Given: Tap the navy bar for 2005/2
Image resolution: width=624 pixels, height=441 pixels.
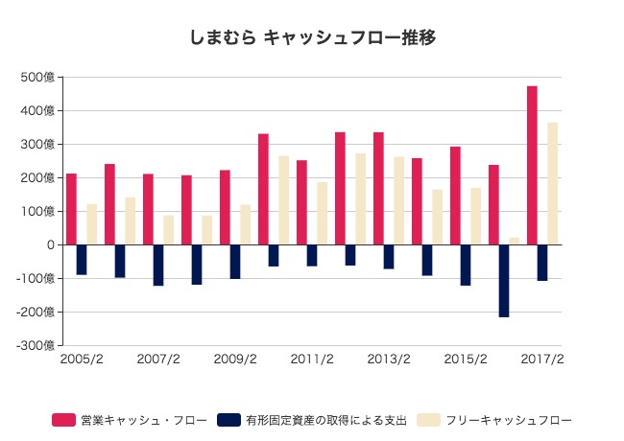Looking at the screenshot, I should click(x=82, y=260).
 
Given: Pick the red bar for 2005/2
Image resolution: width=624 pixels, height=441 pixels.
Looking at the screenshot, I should click(x=71, y=209).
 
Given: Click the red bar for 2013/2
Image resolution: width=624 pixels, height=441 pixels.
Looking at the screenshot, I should click(x=378, y=188).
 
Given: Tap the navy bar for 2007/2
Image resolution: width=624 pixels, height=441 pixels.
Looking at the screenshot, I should click(x=158, y=265).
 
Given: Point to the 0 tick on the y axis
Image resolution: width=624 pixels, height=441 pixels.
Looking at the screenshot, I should click(x=50, y=245).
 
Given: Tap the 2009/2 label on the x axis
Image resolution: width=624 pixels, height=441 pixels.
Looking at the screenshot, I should click(x=235, y=360).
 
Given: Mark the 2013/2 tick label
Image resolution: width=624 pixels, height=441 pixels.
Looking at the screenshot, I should click(x=389, y=360).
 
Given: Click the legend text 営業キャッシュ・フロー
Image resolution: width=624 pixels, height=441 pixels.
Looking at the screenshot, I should click(x=144, y=420).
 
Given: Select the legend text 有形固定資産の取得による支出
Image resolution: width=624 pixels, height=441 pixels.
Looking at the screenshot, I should click(x=326, y=420).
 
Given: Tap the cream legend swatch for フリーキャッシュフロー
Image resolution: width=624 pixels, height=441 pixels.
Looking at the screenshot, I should click(x=429, y=420).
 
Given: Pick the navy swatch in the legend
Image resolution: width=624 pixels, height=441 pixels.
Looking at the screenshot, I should click(x=228, y=420).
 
